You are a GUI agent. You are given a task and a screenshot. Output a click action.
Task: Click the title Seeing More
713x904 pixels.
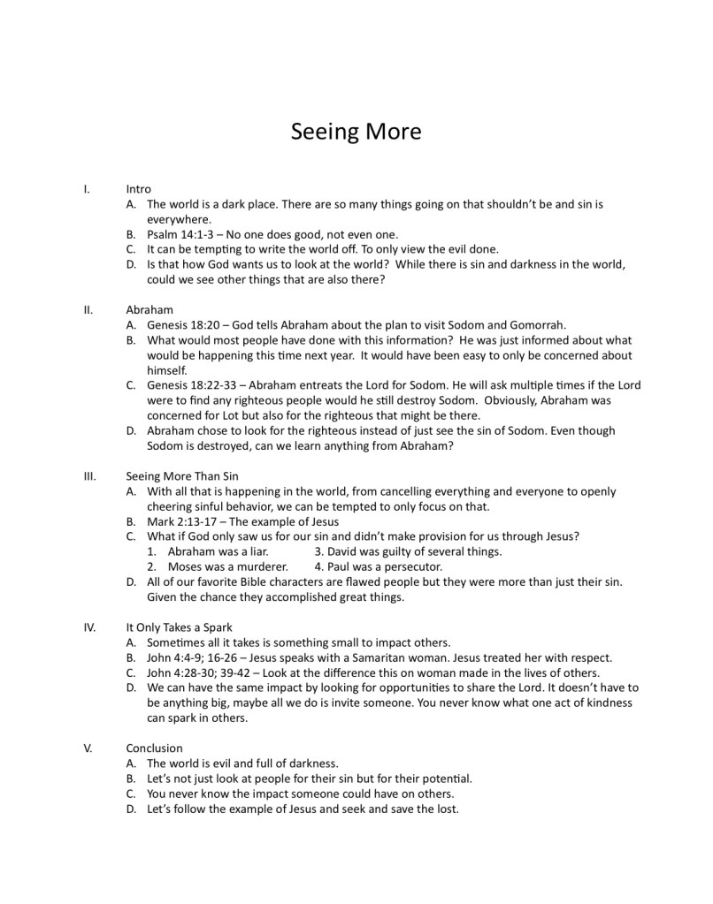tap(356, 132)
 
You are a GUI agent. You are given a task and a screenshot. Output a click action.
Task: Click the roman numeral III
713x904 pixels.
tap(88, 476)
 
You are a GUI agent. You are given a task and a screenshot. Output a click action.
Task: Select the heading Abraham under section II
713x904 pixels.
tap(149, 310)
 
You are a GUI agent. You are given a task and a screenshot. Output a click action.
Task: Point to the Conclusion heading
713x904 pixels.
tap(154, 748)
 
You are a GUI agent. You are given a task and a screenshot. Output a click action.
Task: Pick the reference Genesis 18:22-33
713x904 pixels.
tap(195, 385)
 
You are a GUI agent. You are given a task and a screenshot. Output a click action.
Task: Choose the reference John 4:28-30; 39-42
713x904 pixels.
tap(205, 672)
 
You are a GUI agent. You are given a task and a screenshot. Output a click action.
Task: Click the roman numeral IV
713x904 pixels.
tap(88, 627)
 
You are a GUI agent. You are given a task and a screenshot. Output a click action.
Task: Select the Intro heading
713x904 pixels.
tap(138, 189)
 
